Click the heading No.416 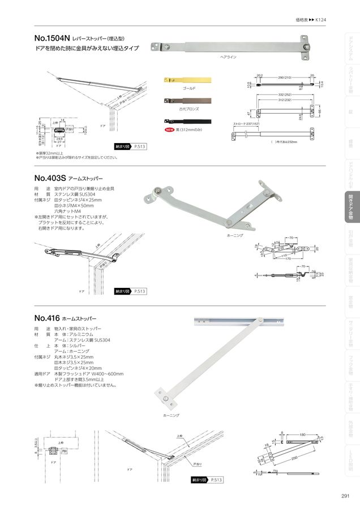46,318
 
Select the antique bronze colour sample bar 187,100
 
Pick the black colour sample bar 187,121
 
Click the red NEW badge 169,130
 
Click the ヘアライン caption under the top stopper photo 228,58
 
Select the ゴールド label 189,89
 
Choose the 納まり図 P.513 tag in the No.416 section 207,480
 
